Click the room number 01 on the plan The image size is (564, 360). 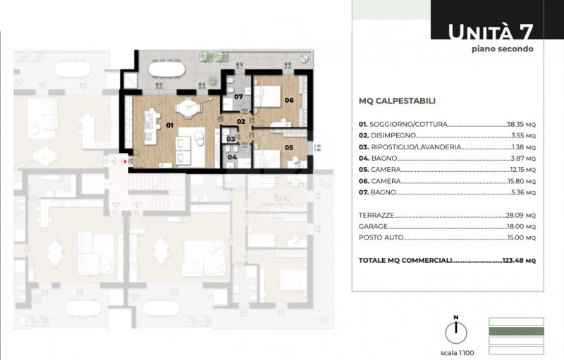[x=169, y=125]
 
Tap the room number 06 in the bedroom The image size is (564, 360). [x=289, y=100]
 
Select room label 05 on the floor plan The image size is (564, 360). [x=289, y=147]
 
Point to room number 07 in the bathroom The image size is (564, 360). [x=238, y=97]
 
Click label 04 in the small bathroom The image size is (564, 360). [x=232, y=157]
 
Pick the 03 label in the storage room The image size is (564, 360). [x=231, y=139]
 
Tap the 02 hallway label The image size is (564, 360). [x=240, y=121]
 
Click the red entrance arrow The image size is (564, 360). [x=125, y=161]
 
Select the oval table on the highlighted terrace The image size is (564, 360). [x=167, y=69]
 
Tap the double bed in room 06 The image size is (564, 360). [x=267, y=97]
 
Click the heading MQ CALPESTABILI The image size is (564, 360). [x=397, y=101]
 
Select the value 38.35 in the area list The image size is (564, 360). [x=515, y=124]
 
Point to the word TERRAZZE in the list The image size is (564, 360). [x=376, y=215]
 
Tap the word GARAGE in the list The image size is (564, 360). [x=373, y=226]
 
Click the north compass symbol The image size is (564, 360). [x=456, y=331]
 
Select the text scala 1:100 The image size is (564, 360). [x=457, y=353]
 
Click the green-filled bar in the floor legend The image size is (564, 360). [x=516, y=331]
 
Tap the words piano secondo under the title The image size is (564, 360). [x=503, y=49]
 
